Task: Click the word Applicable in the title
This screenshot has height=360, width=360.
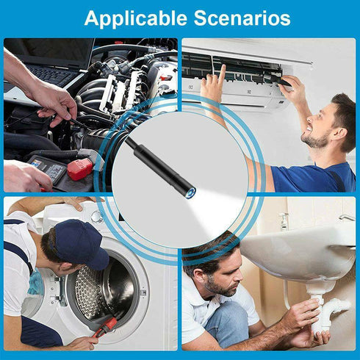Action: [135, 18]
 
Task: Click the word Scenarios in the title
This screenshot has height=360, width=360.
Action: [242, 18]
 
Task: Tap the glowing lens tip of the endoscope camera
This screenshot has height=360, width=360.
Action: [190, 192]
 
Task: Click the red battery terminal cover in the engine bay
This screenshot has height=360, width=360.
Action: [79, 169]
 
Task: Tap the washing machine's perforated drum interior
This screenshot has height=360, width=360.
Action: [103, 292]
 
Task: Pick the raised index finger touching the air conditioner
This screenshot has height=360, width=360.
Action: [222, 73]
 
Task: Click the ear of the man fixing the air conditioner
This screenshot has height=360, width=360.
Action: [342, 134]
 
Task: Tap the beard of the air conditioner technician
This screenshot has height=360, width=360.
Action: [314, 140]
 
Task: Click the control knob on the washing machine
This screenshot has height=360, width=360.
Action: [98, 217]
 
